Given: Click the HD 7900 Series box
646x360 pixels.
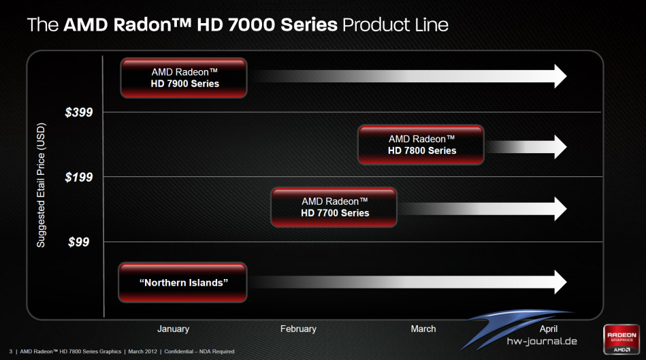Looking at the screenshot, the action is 184,78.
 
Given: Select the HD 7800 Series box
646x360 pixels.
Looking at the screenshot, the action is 421,145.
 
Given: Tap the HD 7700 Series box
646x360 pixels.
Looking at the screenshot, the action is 334,207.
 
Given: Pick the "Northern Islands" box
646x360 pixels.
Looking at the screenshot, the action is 183,282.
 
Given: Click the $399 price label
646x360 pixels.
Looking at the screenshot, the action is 79,112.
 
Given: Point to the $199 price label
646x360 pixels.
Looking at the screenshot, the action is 79,177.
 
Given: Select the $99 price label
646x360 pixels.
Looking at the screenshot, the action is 79,242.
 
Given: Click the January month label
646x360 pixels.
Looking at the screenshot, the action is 173,329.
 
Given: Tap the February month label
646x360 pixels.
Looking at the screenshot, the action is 298,329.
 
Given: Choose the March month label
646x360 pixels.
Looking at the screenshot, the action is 423,329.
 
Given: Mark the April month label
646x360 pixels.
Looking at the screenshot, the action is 549,329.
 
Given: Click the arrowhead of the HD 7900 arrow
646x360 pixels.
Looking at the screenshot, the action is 561,76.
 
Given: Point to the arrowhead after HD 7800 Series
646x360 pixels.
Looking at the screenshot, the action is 561,146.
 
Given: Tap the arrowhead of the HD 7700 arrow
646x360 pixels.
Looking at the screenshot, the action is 561,209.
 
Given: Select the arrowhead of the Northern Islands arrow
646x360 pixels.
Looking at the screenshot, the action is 561,282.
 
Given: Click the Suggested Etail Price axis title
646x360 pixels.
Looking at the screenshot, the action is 41,185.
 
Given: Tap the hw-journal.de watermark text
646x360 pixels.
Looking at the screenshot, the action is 542,341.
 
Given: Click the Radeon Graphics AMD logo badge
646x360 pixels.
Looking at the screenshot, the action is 621,340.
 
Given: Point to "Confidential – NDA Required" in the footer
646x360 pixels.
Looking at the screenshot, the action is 199,351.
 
